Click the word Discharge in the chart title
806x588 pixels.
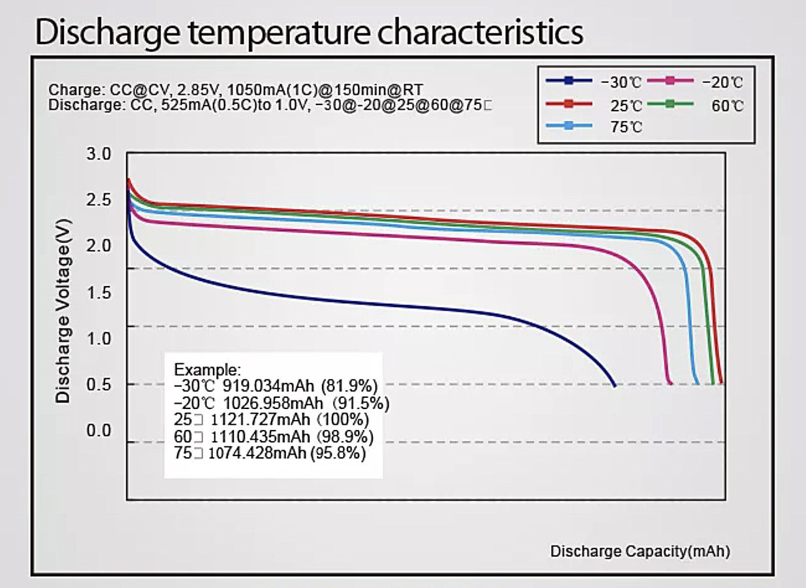point(105,33)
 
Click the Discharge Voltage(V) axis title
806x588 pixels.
point(63,310)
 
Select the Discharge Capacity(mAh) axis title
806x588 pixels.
point(640,551)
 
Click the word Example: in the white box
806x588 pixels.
point(208,368)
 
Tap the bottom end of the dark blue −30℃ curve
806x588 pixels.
point(614,385)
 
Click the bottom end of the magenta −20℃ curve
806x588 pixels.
point(670,384)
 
